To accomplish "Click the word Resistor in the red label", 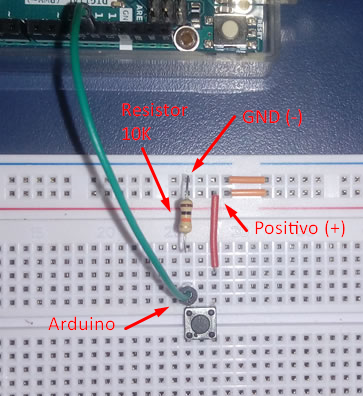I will click(x=148, y=109).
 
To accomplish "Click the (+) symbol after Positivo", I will click(x=333, y=228).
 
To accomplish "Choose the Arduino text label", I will click(x=83, y=324).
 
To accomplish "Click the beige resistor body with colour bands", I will click(x=184, y=216).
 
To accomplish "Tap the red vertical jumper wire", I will click(x=214, y=231).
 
